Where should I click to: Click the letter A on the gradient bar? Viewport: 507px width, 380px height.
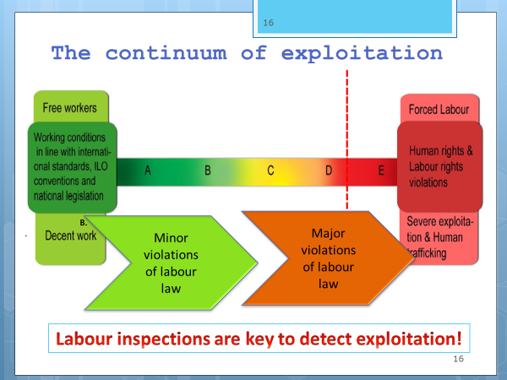tap(148, 171)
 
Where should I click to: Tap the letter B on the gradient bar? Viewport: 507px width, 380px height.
tap(208, 171)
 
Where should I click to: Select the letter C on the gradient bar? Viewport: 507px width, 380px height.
tap(270, 171)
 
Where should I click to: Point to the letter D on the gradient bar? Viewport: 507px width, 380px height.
tap(329, 171)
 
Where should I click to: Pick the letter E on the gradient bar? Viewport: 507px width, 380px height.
tap(381, 171)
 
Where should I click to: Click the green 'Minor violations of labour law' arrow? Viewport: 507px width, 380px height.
tap(171, 263)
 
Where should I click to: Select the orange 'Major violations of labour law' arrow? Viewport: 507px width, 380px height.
tap(328, 258)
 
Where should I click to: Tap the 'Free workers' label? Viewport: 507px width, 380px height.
tap(70, 108)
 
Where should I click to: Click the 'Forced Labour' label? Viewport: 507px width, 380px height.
tap(439, 110)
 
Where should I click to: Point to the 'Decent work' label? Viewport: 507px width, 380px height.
tap(70, 236)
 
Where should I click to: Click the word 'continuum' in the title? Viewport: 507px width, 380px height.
tap(166, 53)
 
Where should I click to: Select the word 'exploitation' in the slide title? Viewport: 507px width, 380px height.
tap(362, 53)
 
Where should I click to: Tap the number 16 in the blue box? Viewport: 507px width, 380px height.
tap(269, 23)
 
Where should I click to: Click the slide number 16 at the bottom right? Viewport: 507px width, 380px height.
tap(459, 359)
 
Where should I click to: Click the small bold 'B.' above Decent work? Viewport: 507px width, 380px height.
tap(84, 223)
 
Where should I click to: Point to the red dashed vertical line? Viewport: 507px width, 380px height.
tap(347, 139)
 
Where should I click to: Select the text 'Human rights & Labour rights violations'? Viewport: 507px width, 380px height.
tap(441, 166)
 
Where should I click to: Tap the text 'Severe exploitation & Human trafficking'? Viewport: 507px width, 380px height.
tap(439, 237)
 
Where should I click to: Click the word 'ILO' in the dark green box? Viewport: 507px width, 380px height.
tap(101, 166)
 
